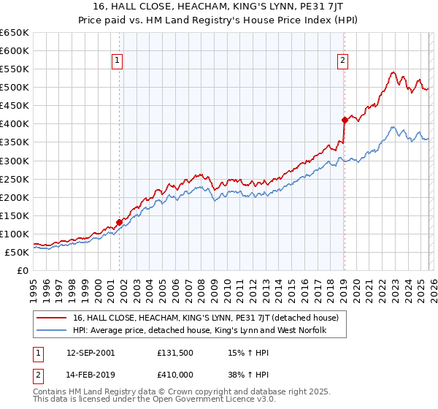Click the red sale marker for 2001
pyautogui.click(x=119, y=222)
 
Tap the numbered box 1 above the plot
pyautogui.click(x=118, y=61)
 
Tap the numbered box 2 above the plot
pyautogui.click(x=343, y=61)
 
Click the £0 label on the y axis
pyautogui.click(x=23, y=270)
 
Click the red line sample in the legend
pyautogui.click(x=53, y=318)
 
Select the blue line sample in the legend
pyautogui.click(x=53, y=331)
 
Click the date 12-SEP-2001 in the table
pyautogui.click(x=88, y=352)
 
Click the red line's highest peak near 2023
pyautogui.click(x=393, y=72)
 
